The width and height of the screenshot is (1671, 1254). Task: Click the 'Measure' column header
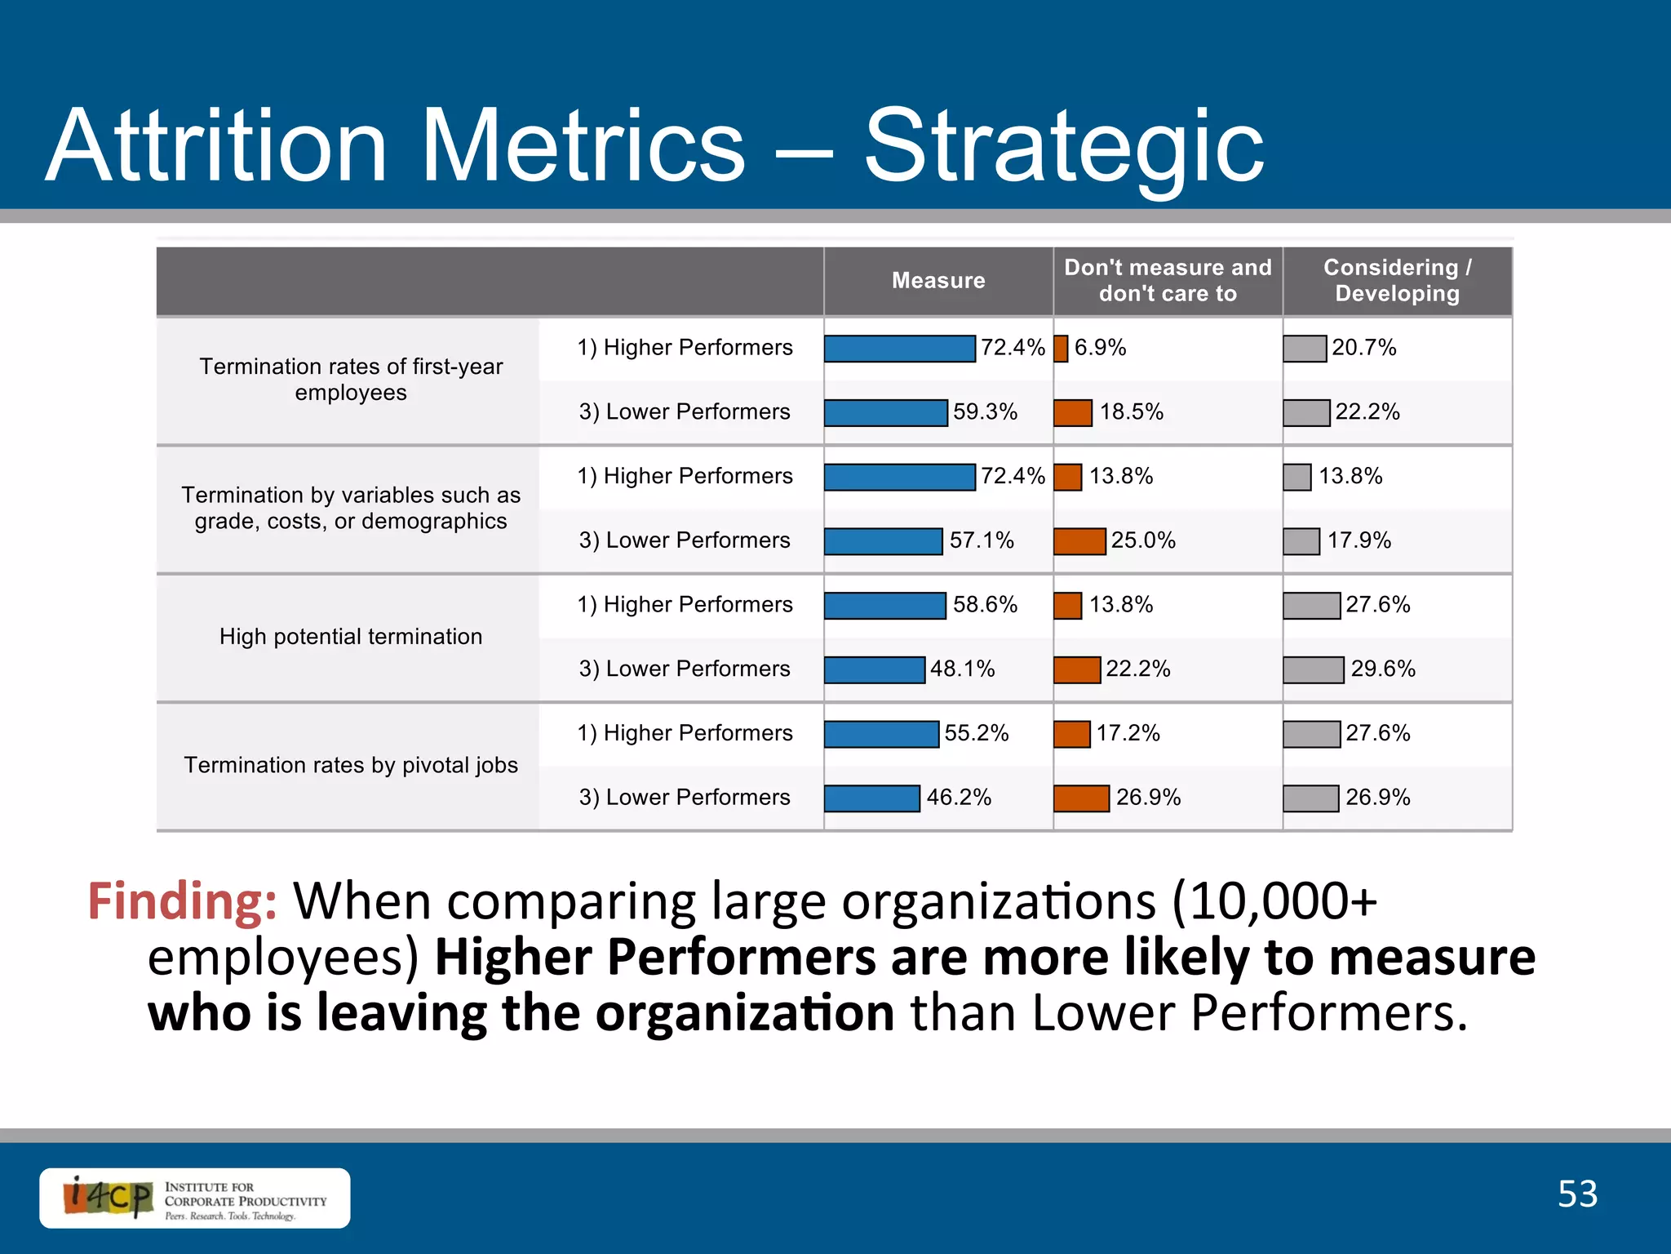938,281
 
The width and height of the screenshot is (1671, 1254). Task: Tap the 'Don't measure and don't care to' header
1168,281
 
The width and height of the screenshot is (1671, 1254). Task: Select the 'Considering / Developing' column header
1397,281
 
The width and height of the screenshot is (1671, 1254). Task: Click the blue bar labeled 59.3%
885,413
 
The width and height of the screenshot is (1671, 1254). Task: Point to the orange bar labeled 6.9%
1061,349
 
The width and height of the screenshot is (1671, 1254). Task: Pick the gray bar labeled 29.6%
1313,670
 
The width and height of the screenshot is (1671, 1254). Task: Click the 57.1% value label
982,540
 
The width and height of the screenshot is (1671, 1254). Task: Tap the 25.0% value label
1143,540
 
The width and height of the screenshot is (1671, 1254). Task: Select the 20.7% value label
1364,348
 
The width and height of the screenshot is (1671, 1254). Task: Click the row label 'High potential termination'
351,637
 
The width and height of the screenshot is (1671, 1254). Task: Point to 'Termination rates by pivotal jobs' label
351,766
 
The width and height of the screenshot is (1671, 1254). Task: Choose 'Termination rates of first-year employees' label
351,380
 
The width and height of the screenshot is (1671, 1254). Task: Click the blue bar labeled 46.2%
871,798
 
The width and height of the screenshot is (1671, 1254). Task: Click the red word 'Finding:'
182,902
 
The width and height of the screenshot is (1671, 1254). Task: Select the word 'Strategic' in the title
1063,147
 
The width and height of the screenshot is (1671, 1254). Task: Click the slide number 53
1577,1194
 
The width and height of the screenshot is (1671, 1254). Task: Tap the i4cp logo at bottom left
109,1198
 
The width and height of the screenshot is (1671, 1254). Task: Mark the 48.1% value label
963,669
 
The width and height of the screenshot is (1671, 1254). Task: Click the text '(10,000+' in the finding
1274,902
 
